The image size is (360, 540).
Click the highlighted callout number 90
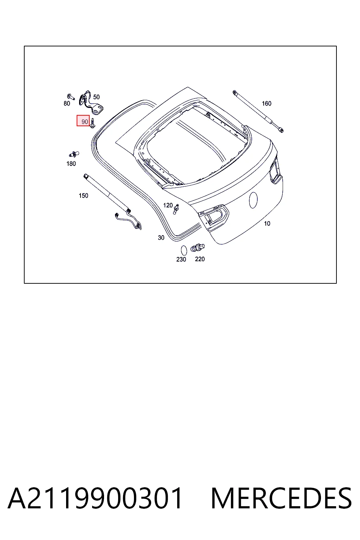coord(85,122)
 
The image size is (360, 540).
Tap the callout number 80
coord(67,103)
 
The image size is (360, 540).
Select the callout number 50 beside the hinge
coord(96,97)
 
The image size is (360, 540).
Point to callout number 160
coord(266,103)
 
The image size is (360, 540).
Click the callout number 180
coord(71,164)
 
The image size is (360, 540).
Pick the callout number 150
coord(83,195)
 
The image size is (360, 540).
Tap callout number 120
coord(168,205)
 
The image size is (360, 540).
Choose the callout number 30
coord(161,238)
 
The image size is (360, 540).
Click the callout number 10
coord(267,224)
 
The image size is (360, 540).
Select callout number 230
coord(181,259)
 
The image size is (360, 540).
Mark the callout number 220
coord(200,259)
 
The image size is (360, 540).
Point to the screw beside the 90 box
coord(92,123)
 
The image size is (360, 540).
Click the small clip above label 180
coord(74,154)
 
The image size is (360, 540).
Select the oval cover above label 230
coord(184,250)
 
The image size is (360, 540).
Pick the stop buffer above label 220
coord(198,247)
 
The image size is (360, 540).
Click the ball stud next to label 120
coord(176,209)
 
